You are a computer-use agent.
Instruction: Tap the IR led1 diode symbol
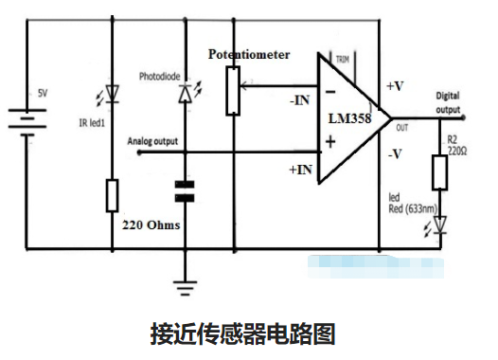[113, 93]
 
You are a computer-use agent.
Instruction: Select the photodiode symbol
[185, 92]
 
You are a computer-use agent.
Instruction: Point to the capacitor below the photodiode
[186, 192]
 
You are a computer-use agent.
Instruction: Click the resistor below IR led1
[113, 195]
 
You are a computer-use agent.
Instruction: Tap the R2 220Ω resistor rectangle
[439, 172]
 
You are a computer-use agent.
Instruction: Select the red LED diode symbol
[439, 225]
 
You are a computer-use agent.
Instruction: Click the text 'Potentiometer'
[249, 55]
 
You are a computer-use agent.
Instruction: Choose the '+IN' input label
[296, 169]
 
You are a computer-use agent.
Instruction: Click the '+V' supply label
[397, 86]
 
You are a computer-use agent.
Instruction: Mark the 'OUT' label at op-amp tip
[401, 128]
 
